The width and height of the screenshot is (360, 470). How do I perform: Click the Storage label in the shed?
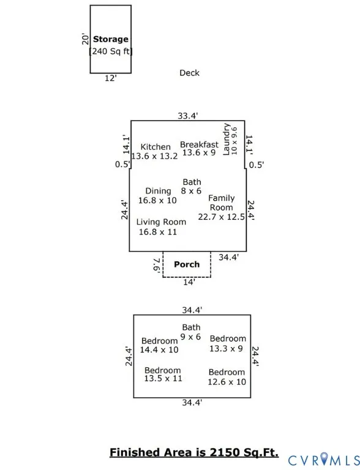click(x=111, y=39)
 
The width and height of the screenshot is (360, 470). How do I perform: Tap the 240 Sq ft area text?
click(x=111, y=51)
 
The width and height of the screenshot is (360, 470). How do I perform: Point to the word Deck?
click(x=189, y=73)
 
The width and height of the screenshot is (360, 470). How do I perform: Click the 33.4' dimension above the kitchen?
click(x=188, y=116)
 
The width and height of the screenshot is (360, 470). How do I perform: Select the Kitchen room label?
click(x=156, y=147)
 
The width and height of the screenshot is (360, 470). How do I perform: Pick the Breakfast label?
click(x=199, y=144)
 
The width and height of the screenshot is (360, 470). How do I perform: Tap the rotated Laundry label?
click(x=226, y=140)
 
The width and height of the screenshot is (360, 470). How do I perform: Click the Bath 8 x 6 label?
click(x=192, y=187)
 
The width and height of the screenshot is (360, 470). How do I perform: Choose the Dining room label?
click(x=158, y=191)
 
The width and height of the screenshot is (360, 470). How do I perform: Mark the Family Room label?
click(x=222, y=203)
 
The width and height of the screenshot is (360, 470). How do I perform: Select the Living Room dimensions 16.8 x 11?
click(x=158, y=232)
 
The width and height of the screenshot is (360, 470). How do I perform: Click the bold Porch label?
click(x=187, y=264)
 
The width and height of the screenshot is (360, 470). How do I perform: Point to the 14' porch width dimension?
click(x=189, y=282)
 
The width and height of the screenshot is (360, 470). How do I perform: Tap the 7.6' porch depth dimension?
click(x=156, y=265)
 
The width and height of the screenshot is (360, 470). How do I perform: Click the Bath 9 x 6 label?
click(x=191, y=332)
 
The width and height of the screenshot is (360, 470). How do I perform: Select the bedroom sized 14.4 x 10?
click(x=159, y=345)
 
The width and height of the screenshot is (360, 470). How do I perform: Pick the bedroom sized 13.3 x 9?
click(x=227, y=343)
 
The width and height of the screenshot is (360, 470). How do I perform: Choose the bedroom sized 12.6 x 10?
click(x=227, y=377)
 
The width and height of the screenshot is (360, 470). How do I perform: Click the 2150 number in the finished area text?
click(x=225, y=452)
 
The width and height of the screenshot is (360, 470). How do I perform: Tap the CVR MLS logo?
click(x=324, y=460)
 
